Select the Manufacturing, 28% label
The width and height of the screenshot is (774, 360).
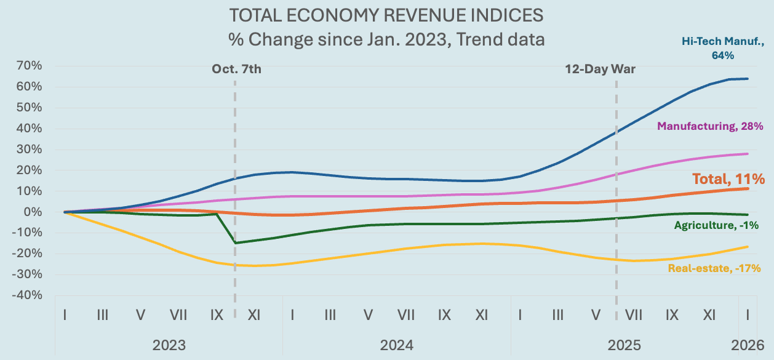[710, 126]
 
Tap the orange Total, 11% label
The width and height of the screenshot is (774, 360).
[728, 179]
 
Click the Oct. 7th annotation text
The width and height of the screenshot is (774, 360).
[236, 68]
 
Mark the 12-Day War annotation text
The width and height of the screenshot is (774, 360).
[600, 69]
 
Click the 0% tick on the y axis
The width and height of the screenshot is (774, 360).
[31, 212]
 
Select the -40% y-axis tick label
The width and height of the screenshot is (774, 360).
[26, 295]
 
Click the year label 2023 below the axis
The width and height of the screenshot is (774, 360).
[169, 344]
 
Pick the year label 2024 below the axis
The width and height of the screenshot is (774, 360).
[396, 344]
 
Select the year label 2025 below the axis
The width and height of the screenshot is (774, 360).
[624, 344]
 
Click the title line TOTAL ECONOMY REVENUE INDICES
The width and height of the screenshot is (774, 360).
[386, 15]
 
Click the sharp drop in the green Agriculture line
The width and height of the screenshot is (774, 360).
[225, 228]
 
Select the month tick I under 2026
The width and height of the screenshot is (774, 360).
[748, 314]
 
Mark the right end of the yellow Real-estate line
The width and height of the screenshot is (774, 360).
[748, 247]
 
